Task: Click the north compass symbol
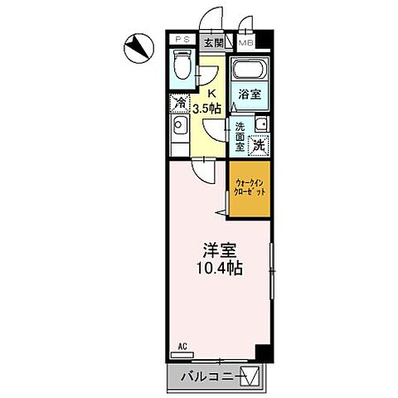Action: (138, 47)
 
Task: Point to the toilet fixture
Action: (182, 67)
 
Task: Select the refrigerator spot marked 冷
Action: (179, 103)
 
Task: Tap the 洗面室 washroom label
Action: (240, 136)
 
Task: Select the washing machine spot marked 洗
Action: (259, 144)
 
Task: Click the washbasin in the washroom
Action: (260, 124)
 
